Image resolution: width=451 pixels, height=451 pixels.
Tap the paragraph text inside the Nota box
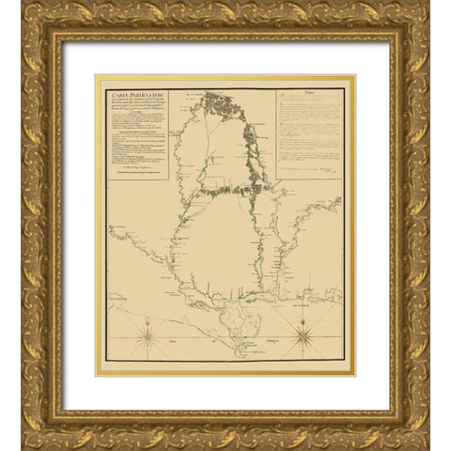click(x=310, y=132)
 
